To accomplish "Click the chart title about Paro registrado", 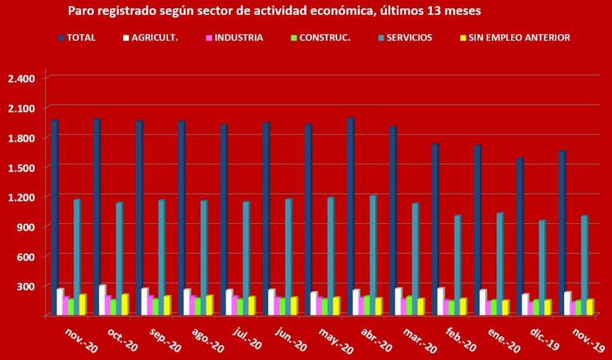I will (x=274, y=11).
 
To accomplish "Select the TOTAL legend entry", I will (x=77, y=38).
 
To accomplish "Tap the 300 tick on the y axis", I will (x=25, y=286).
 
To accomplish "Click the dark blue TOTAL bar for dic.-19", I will (x=519, y=236).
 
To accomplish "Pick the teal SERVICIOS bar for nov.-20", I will (x=76, y=257).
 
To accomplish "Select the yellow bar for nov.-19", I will (x=590, y=307).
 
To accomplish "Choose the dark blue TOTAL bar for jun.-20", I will (x=265, y=219).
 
